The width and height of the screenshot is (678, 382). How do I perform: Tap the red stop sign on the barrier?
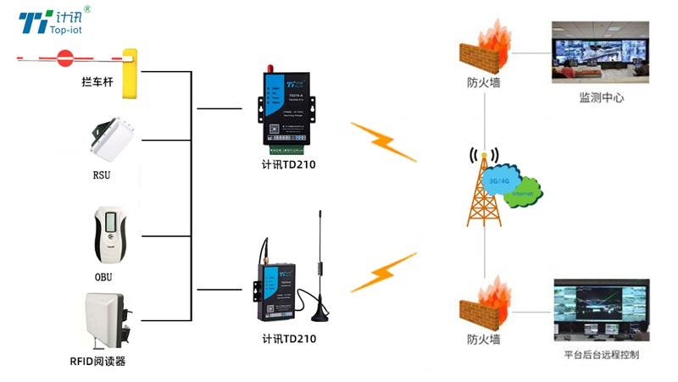point(64,58)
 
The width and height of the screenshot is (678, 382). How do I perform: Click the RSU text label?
point(102,175)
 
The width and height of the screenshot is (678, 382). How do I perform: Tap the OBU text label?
point(103,277)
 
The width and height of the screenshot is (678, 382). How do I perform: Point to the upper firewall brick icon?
point(483,51)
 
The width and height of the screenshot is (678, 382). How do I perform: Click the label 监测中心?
point(602,98)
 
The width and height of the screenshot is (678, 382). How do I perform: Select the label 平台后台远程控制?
point(602,355)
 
